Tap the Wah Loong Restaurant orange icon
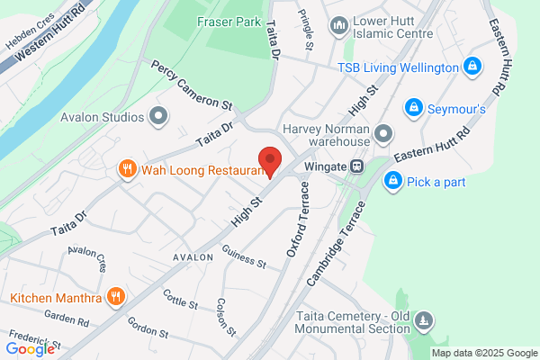[127, 168]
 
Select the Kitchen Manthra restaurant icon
[115, 296]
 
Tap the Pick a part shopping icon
[392, 182]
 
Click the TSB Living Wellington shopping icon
[471, 67]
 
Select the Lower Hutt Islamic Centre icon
[339, 24]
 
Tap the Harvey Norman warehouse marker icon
[383, 135]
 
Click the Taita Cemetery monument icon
[425, 320]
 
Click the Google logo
[30, 348]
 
